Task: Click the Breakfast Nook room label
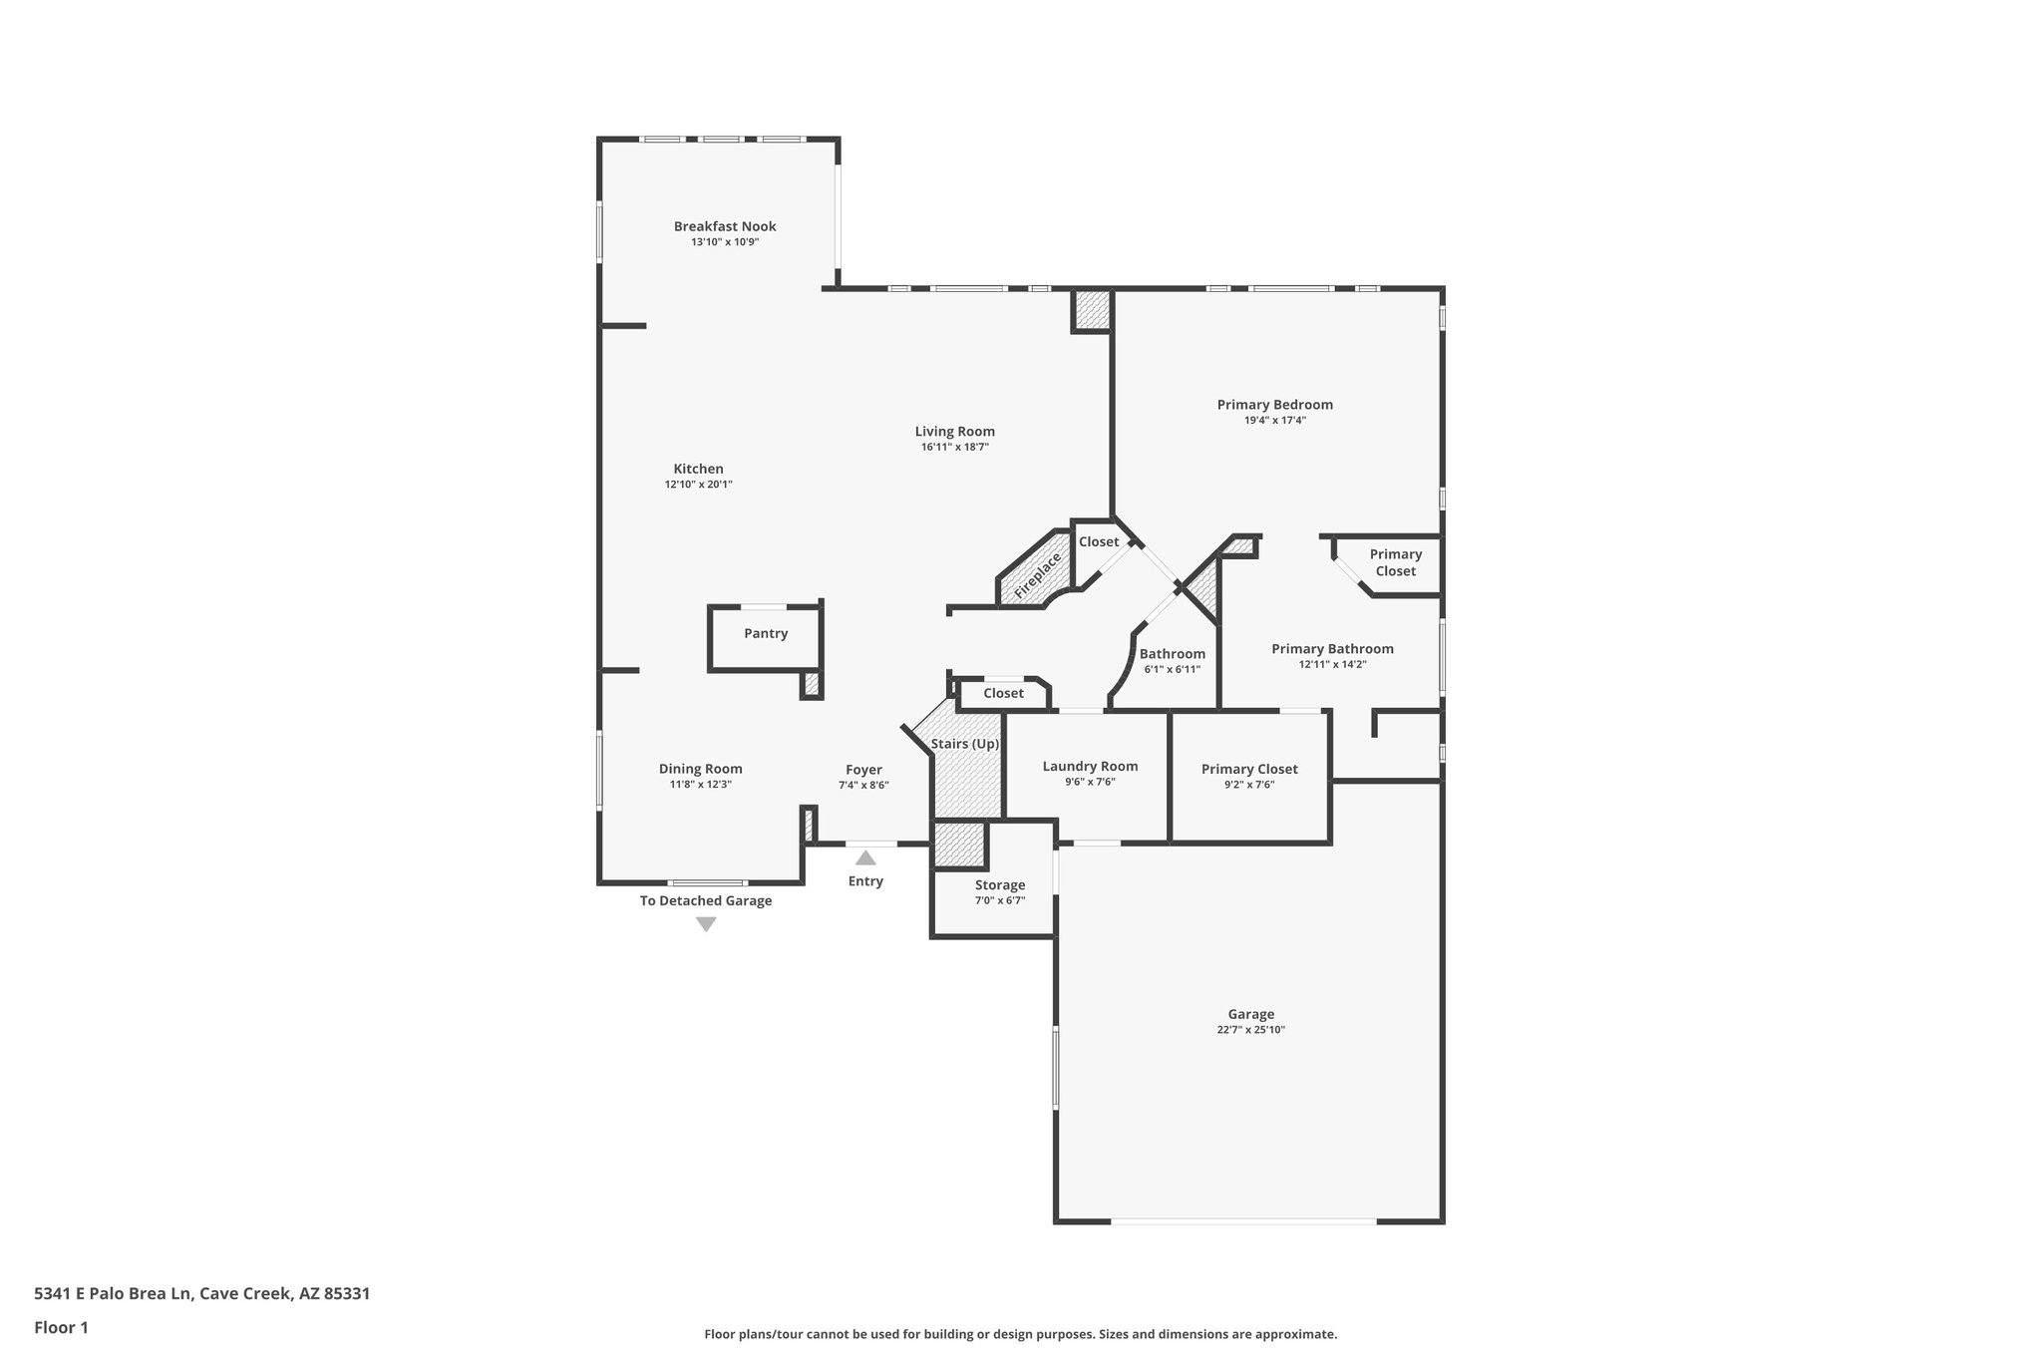725,226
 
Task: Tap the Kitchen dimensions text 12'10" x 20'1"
699,485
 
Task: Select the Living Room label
955,432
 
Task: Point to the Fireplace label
1037,577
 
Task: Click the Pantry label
766,633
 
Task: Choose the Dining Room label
701,769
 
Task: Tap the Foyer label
863,770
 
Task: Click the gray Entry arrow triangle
865,857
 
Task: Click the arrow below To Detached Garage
706,924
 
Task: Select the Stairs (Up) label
965,744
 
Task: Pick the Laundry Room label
1090,767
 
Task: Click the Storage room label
1000,885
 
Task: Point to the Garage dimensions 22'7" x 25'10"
1250,1030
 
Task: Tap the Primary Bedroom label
1275,405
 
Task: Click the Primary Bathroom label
1332,649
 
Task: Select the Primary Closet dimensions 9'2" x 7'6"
1249,785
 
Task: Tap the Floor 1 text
62,1327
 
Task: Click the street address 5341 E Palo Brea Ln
113,1293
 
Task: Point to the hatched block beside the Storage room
959,844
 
